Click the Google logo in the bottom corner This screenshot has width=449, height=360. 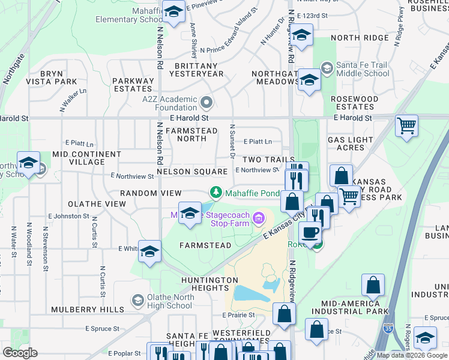(20, 352)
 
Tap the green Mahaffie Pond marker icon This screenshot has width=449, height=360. (216, 193)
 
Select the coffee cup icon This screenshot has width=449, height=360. (310, 232)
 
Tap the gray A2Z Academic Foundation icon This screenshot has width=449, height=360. (206, 103)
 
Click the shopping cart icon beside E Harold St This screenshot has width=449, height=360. (406, 126)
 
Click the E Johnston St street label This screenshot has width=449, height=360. (69, 216)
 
